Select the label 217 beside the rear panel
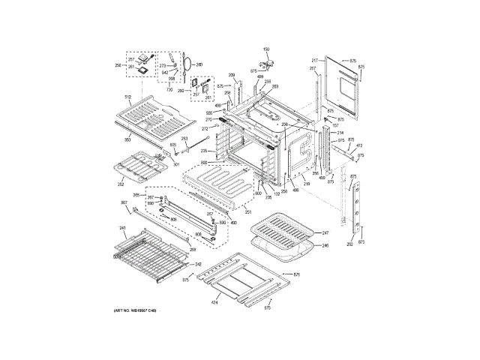[316, 59]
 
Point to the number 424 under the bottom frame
[214, 303]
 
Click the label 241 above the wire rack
[122, 228]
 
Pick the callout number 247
[325, 233]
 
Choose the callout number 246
[325, 245]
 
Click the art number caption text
[135, 310]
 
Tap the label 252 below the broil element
[120, 184]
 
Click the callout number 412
[359, 145]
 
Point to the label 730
[170, 89]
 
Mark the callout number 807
[124, 203]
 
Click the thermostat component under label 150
[267, 63]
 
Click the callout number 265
[136, 195]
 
